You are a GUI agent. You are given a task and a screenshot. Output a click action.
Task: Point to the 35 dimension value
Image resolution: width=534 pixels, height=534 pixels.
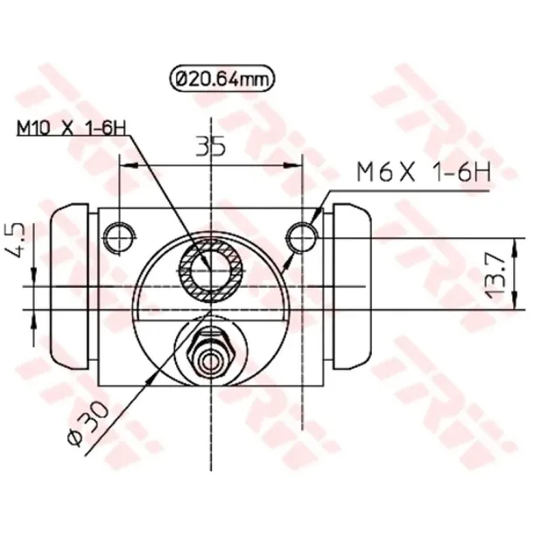[x=209, y=146]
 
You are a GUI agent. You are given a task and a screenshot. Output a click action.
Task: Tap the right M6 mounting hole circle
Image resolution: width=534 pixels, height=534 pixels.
[x=302, y=234]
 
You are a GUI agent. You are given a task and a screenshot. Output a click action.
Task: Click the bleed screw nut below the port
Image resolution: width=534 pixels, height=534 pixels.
[x=210, y=348]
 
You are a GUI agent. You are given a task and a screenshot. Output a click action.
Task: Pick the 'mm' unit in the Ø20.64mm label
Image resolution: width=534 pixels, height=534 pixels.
[x=255, y=80]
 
